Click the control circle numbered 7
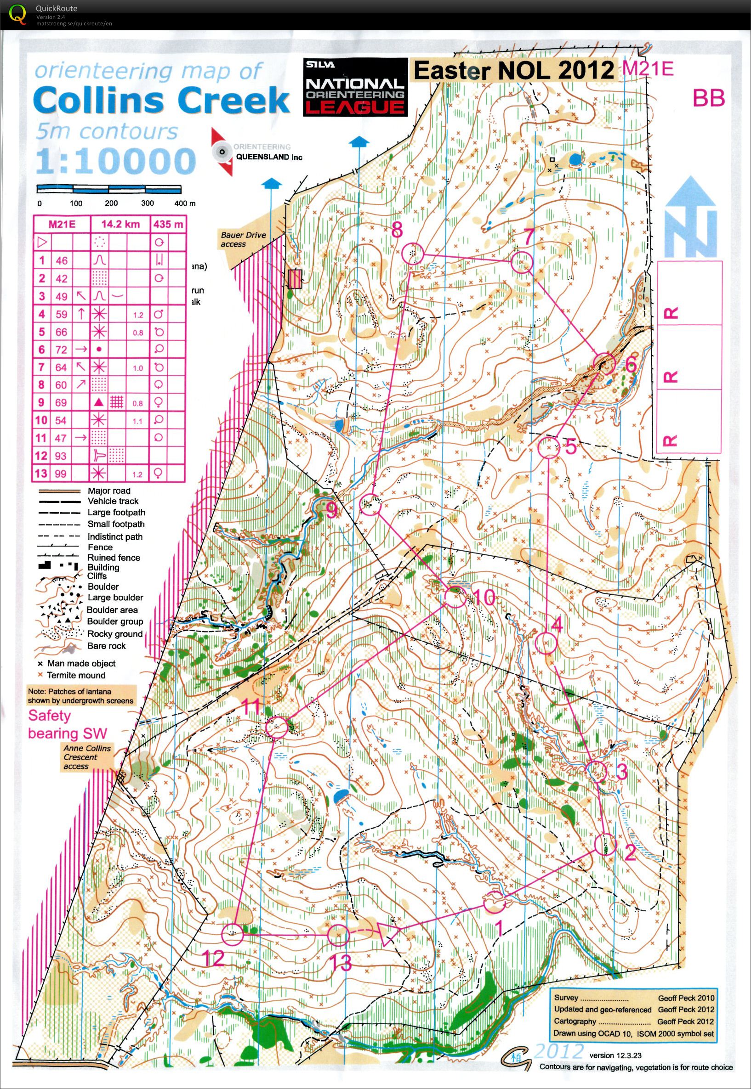click(x=521, y=262)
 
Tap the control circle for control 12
click(x=233, y=935)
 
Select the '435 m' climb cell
click(x=167, y=224)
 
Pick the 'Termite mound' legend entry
click(x=75, y=675)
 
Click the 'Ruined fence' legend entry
click(x=114, y=558)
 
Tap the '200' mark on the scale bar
click(x=111, y=203)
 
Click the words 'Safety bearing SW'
click(x=67, y=724)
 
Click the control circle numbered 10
click(x=455, y=598)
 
